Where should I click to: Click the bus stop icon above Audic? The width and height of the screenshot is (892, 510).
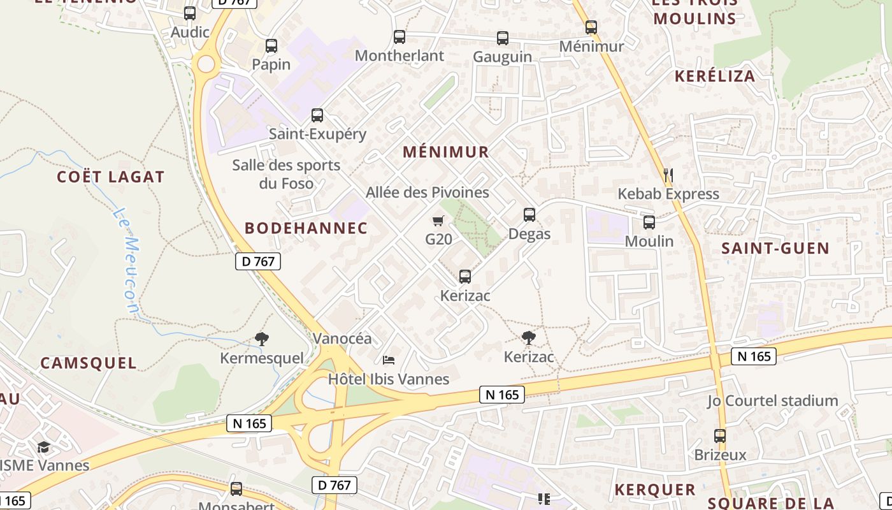tap(190, 13)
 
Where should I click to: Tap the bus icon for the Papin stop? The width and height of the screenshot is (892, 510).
tap(271, 46)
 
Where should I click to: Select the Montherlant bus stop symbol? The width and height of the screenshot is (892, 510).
tap(399, 37)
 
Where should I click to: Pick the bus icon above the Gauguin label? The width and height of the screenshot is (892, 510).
tap(503, 38)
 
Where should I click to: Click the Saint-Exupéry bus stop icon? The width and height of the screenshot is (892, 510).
tap(317, 115)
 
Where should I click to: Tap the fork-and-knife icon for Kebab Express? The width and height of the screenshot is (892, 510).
tap(668, 175)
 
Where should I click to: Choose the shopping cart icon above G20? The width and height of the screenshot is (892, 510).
tap(438, 221)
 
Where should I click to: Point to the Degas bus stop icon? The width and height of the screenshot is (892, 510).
tap(529, 215)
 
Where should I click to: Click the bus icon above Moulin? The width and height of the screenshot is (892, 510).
tap(649, 222)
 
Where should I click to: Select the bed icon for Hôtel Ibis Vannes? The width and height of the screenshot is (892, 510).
tap(389, 361)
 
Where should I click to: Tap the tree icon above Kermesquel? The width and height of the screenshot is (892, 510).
tap(261, 339)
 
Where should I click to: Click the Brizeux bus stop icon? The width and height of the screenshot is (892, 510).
tap(720, 436)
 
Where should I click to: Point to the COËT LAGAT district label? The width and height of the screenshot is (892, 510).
tap(111, 177)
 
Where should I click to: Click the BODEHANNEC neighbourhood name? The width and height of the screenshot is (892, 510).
tap(306, 228)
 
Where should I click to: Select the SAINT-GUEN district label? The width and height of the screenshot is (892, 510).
tap(775, 248)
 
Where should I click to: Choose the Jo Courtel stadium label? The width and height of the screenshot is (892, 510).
tap(772, 401)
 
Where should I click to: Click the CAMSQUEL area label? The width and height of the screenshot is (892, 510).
tap(89, 363)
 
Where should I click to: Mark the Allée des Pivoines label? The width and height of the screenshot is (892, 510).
tap(428, 192)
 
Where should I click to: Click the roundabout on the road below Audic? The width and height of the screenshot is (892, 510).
tap(206, 64)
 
